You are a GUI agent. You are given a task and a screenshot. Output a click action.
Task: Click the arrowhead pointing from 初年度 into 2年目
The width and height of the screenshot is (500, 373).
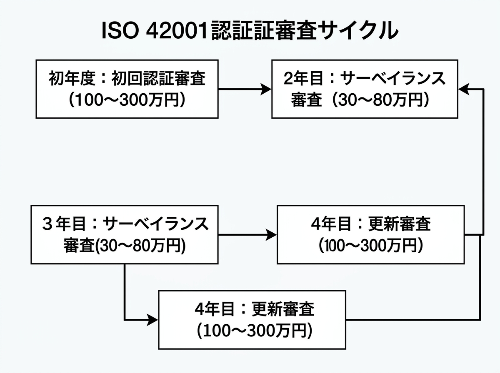tap(267, 89)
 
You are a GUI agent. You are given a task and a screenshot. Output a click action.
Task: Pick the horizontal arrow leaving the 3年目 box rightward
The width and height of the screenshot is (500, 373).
tap(246, 235)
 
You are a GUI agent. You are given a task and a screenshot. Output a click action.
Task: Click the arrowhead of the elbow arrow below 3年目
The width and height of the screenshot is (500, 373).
tap(154, 320)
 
